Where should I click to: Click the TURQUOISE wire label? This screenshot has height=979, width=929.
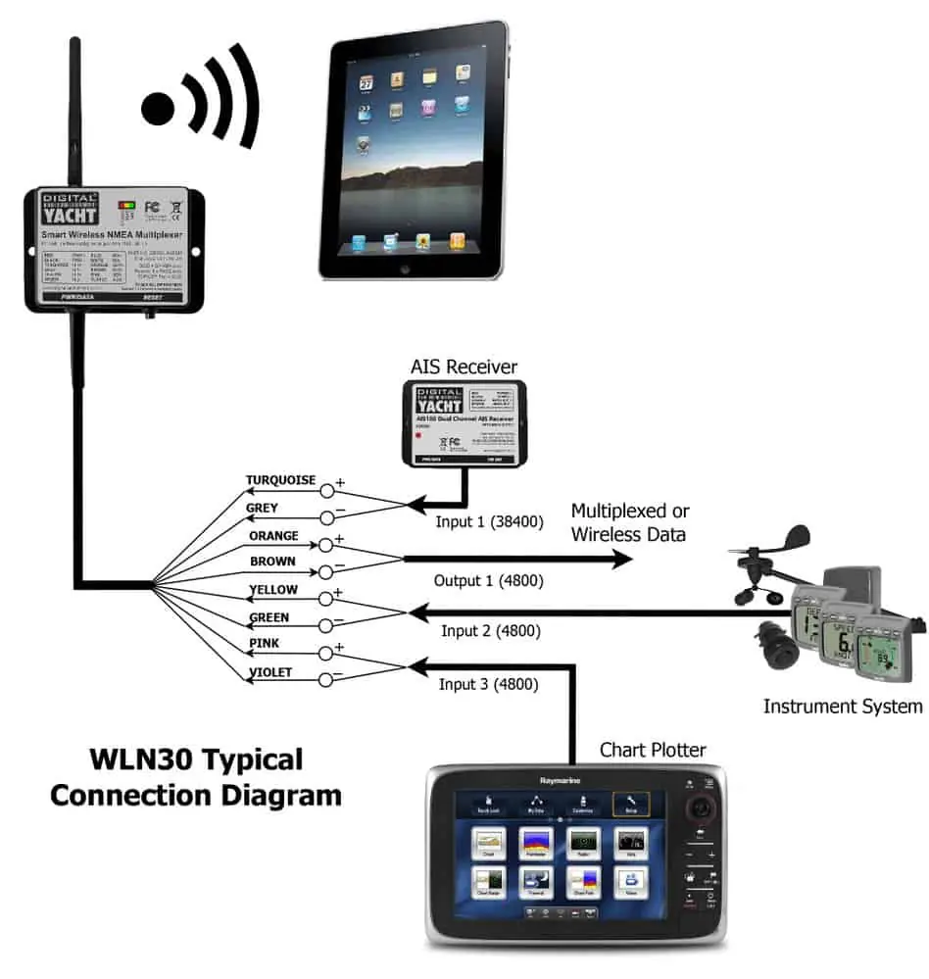[x=280, y=480]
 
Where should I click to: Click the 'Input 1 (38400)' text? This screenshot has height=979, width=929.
[x=488, y=521]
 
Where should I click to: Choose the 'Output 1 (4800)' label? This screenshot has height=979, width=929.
[x=488, y=580]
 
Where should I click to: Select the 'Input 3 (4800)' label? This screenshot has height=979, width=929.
[x=488, y=684]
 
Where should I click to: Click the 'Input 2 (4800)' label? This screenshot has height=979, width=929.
[x=490, y=631]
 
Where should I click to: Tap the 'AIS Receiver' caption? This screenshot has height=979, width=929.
[x=464, y=367]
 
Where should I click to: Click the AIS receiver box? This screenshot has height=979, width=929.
[x=464, y=421]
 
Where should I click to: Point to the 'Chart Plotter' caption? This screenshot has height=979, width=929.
[x=653, y=750]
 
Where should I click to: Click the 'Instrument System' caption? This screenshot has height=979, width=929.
[x=843, y=706]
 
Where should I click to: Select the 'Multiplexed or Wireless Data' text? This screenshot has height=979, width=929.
[x=630, y=522]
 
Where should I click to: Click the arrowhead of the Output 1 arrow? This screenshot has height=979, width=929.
[x=623, y=559]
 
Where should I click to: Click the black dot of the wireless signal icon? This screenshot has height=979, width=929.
[x=158, y=109]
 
